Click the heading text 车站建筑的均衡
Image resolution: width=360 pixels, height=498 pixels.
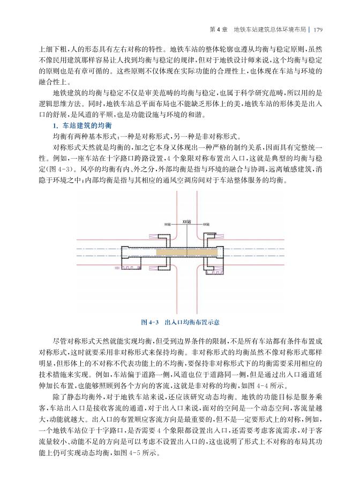click(x=85, y=125)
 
